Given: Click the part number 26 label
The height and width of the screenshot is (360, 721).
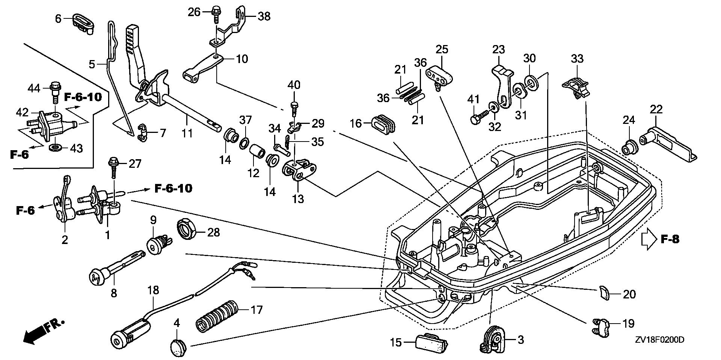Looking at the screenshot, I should [194, 12].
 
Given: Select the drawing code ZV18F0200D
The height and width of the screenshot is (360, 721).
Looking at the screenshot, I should [659, 340].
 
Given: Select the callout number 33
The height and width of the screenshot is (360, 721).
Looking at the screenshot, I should [577, 59].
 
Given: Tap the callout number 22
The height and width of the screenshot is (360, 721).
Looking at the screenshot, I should [656, 109].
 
